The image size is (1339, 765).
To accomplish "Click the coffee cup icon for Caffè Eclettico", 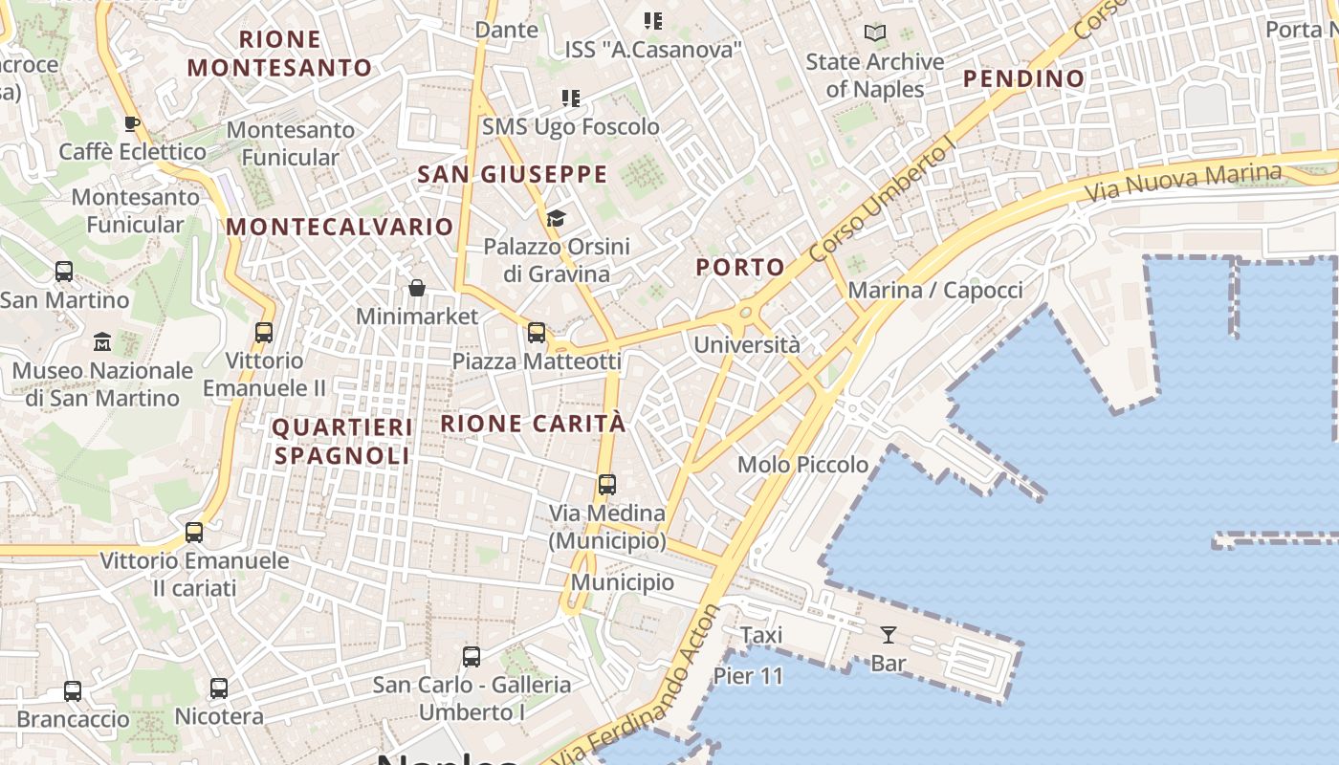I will click(x=132, y=123).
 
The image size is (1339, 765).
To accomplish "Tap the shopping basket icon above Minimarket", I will click(x=417, y=288).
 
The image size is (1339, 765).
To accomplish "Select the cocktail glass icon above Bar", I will click(x=889, y=634).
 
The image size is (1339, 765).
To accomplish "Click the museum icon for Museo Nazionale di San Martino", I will click(x=102, y=341).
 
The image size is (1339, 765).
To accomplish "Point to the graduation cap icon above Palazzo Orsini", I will click(x=556, y=219).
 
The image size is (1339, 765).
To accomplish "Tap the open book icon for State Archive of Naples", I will click(x=875, y=33).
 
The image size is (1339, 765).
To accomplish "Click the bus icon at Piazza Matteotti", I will click(x=537, y=333).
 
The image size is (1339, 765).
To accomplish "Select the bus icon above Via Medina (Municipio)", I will click(x=607, y=485).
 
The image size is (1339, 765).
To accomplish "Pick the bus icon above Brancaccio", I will click(x=73, y=690).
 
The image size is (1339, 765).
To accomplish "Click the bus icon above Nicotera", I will click(x=219, y=688).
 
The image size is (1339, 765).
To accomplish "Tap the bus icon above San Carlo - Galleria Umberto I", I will click(x=472, y=657).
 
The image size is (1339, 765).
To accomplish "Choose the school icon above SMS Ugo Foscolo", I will click(x=571, y=98).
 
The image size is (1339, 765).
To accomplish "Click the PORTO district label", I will click(x=740, y=268).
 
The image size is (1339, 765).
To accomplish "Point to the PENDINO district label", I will click(x=1023, y=79).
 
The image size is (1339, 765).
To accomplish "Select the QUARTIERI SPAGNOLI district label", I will click(x=342, y=442).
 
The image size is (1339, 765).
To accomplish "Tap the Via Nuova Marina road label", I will click(x=1182, y=182).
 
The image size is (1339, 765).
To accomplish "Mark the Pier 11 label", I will click(x=748, y=676).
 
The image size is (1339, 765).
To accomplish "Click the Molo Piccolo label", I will click(x=802, y=465).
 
